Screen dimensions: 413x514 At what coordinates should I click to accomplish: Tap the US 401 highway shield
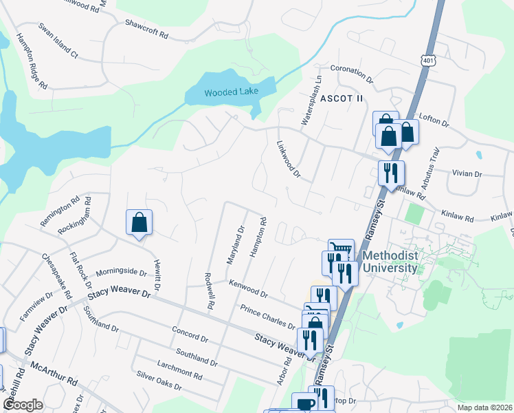pyautogui.click(x=429, y=61)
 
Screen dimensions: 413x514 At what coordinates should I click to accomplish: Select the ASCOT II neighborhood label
pyautogui.click(x=340, y=98)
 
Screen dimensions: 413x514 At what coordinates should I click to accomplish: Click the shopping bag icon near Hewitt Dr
pyautogui.click(x=139, y=222)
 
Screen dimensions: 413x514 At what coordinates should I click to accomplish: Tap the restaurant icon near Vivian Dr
pyautogui.click(x=391, y=173)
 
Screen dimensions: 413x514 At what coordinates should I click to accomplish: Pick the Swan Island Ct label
pyautogui.click(x=59, y=40)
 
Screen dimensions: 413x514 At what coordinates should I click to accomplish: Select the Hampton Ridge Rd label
pyautogui.click(x=32, y=62)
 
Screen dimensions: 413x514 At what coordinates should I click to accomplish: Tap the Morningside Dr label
pyautogui.click(x=121, y=272)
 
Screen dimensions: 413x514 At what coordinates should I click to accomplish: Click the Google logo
pyautogui.click(x=22, y=405)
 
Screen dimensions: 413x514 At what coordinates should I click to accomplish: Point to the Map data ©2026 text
pyautogui.click(x=484, y=407)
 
